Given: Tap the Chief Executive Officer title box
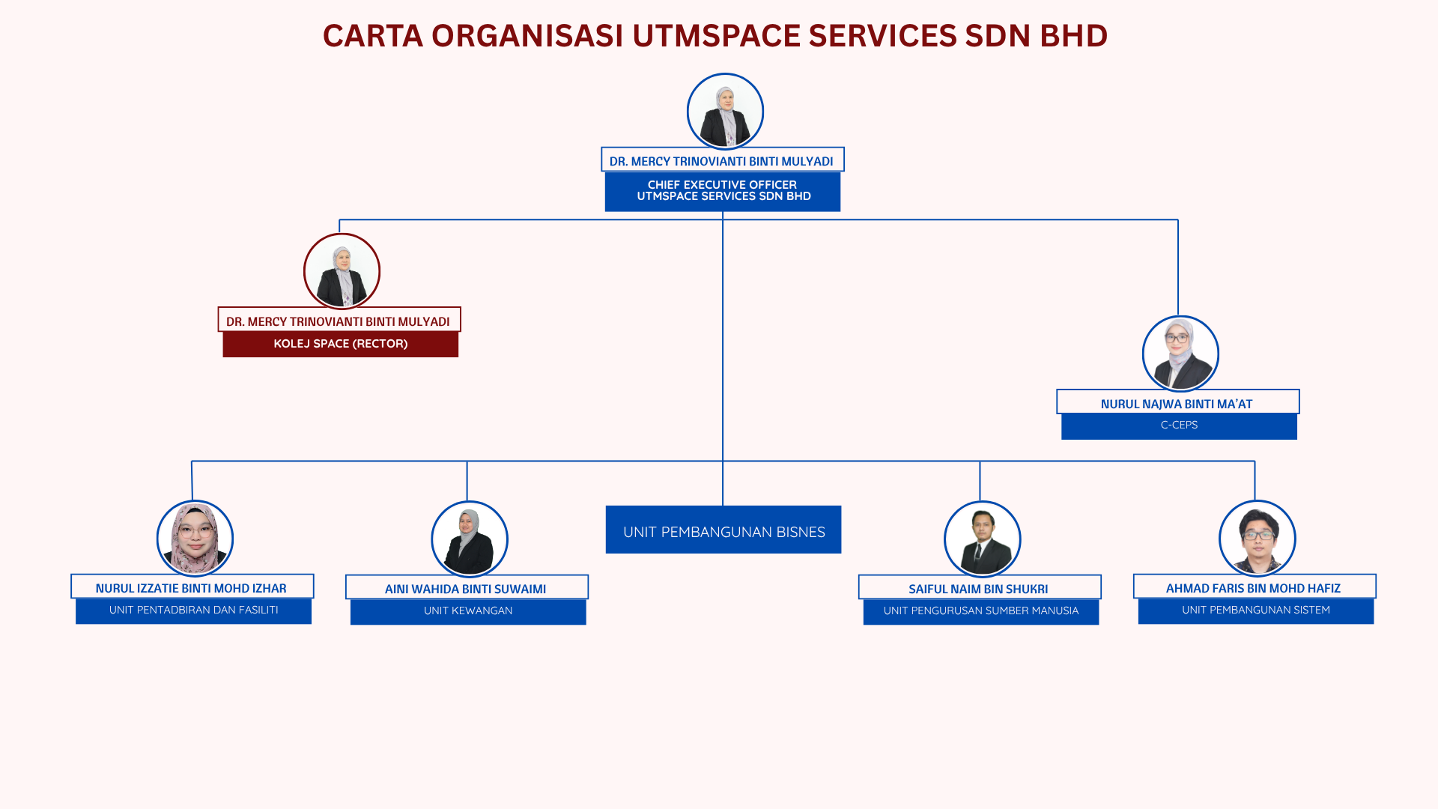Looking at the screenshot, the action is [x=723, y=192].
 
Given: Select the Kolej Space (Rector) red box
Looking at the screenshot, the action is [x=341, y=344].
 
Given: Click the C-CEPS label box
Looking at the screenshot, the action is [x=1180, y=425].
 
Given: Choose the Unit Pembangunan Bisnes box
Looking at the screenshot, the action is [x=723, y=530].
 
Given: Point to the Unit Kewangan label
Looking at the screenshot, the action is [x=468, y=611].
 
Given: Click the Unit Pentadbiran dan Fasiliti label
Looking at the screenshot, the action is [x=193, y=610].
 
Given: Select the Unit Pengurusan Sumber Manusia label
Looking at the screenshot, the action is [x=981, y=611].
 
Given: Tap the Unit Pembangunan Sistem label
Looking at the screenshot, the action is [x=1256, y=610].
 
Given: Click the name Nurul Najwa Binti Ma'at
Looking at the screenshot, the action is [x=1177, y=404].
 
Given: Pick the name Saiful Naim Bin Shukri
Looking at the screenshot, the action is [x=978, y=589].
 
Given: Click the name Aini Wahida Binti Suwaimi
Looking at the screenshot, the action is [x=465, y=589].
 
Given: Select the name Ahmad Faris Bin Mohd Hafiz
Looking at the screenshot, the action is [x=1253, y=588].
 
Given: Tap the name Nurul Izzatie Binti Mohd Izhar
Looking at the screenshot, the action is [x=191, y=588].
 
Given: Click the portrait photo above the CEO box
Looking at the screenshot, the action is [x=725, y=112].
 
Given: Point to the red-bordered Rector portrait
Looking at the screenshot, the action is [x=342, y=271].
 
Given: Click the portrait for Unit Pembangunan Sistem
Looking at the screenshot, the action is [x=1257, y=539].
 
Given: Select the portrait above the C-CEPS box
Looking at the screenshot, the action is [x=1180, y=354].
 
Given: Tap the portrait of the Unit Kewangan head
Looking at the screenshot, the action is [x=470, y=539].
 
